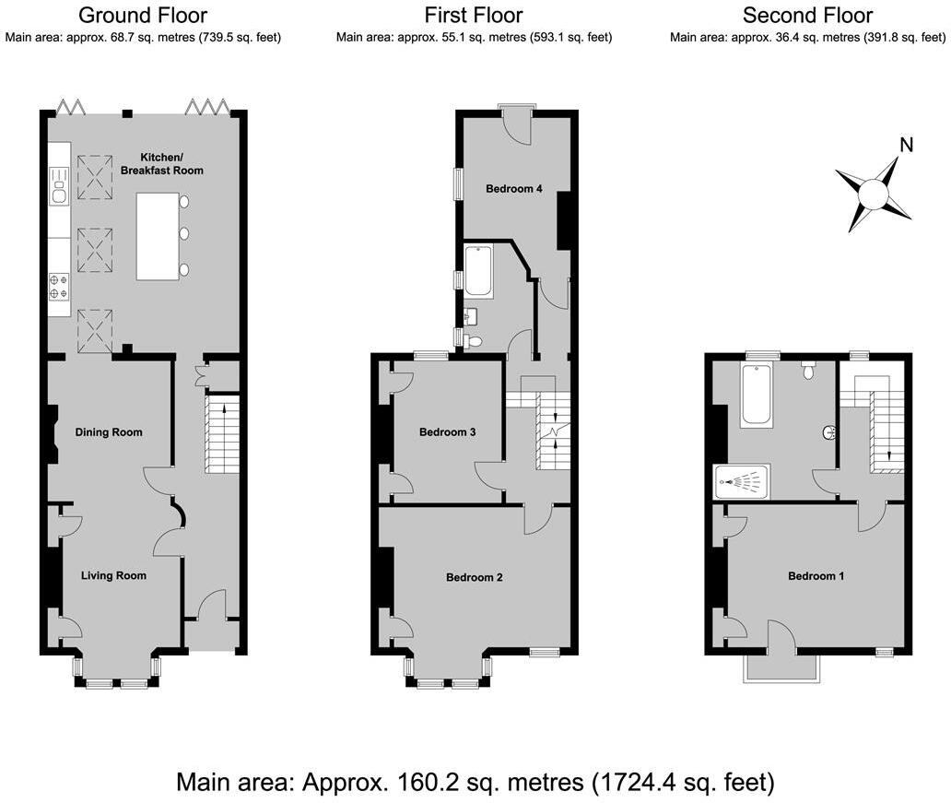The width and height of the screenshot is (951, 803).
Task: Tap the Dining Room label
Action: tap(109, 432)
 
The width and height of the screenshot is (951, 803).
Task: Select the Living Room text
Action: tap(113, 576)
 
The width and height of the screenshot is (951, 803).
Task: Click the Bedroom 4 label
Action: tap(513, 189)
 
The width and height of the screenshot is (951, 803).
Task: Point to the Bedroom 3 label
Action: tap(447, 432)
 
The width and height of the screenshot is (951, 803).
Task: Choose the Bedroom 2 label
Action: tap(474, 578)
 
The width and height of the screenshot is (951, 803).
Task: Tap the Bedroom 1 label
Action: tap(816, 576)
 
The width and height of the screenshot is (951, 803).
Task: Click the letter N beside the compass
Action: tap(906, 145)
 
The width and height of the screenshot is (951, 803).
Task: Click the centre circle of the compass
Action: tap(873, 195)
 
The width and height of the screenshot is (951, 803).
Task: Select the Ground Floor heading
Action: tap(143, 15)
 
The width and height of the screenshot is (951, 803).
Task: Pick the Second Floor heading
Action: tap(807, 15)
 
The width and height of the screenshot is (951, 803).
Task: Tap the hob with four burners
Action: tap(58, 286)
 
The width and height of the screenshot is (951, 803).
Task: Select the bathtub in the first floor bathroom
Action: tap(479, 271)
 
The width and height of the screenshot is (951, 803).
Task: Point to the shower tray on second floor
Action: tap(742, 481)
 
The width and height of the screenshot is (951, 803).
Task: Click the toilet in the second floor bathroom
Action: tap(809, 371)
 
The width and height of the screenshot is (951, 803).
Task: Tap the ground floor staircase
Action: tap(221, 433)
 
